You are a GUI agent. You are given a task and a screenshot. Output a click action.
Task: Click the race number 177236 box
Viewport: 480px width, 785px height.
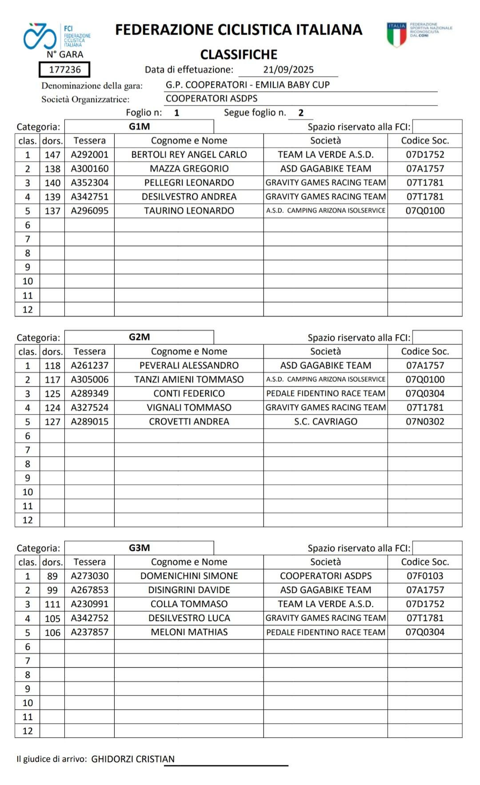64,70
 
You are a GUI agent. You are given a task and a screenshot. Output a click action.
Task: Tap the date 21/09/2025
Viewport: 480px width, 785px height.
288,70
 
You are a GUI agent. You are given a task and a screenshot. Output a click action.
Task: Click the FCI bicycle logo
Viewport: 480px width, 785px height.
40,36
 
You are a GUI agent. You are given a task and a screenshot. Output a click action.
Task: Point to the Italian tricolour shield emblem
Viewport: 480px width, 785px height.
396,34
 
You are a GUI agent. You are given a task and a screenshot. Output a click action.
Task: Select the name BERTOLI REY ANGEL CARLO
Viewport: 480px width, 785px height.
189,155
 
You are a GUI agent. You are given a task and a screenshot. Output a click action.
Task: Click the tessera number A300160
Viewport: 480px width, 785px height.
89,169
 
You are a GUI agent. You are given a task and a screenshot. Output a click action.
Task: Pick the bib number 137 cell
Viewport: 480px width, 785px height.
52,211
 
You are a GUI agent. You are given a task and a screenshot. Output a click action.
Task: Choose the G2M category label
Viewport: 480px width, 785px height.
139,337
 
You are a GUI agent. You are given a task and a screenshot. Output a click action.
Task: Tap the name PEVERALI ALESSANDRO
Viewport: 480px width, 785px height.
189,365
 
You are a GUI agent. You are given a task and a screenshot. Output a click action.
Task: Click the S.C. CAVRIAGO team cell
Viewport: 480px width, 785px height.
325,422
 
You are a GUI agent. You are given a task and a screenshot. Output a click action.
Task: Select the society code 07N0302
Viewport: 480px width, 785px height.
425,422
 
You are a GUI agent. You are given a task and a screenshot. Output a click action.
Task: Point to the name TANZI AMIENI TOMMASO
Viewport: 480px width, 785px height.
189,380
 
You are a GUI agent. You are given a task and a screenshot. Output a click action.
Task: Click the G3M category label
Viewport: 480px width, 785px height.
139,548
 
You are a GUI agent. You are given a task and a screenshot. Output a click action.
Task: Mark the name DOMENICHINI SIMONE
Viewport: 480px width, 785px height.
189,576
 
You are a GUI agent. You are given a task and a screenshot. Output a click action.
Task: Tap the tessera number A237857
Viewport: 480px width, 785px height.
89,632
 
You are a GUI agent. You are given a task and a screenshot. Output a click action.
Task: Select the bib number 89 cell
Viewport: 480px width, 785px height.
52,576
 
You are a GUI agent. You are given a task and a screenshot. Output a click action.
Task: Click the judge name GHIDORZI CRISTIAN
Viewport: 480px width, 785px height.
133,759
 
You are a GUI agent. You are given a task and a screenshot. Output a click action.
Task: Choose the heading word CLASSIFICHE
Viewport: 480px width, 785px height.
239,55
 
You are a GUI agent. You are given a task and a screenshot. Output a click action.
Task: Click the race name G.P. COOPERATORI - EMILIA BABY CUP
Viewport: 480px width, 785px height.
248,85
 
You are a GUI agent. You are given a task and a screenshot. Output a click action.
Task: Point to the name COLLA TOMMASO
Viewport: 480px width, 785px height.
189,604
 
